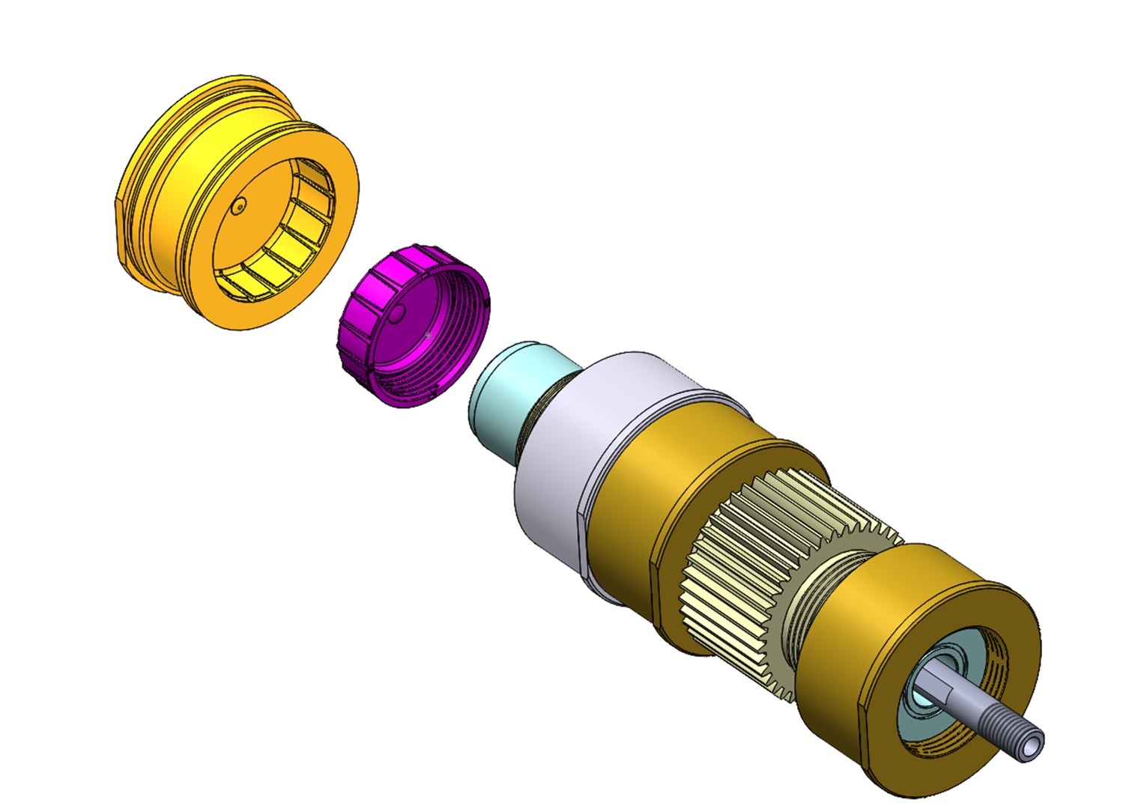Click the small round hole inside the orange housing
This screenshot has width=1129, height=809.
[238, 207]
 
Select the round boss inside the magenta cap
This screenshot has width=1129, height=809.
[398, 313]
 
